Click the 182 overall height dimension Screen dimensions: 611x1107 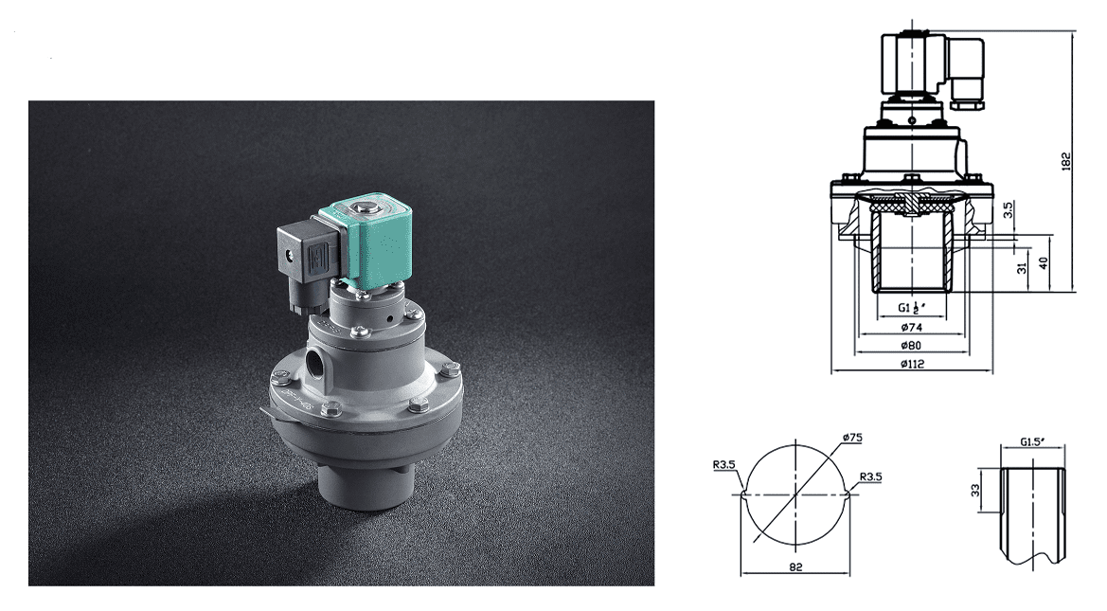[x=1065, y=160]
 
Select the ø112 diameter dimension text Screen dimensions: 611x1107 [x=912, y=364]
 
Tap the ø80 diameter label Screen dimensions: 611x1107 [x=912, y=345]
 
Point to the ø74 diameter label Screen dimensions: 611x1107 [x=912, y=327]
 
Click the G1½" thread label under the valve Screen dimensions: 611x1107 [x=911, y=308]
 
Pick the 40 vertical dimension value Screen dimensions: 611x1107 [x=1043, y=262]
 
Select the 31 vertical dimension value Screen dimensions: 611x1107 [x=1021, y=269]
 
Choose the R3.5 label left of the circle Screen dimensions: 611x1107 [x=725, y=465]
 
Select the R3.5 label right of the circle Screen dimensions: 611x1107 [x=871, y=476]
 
